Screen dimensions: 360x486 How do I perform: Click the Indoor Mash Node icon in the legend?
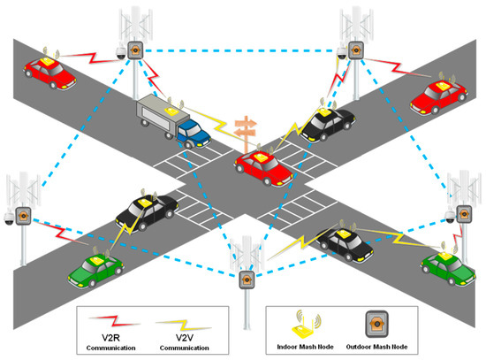tap(309, 323)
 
